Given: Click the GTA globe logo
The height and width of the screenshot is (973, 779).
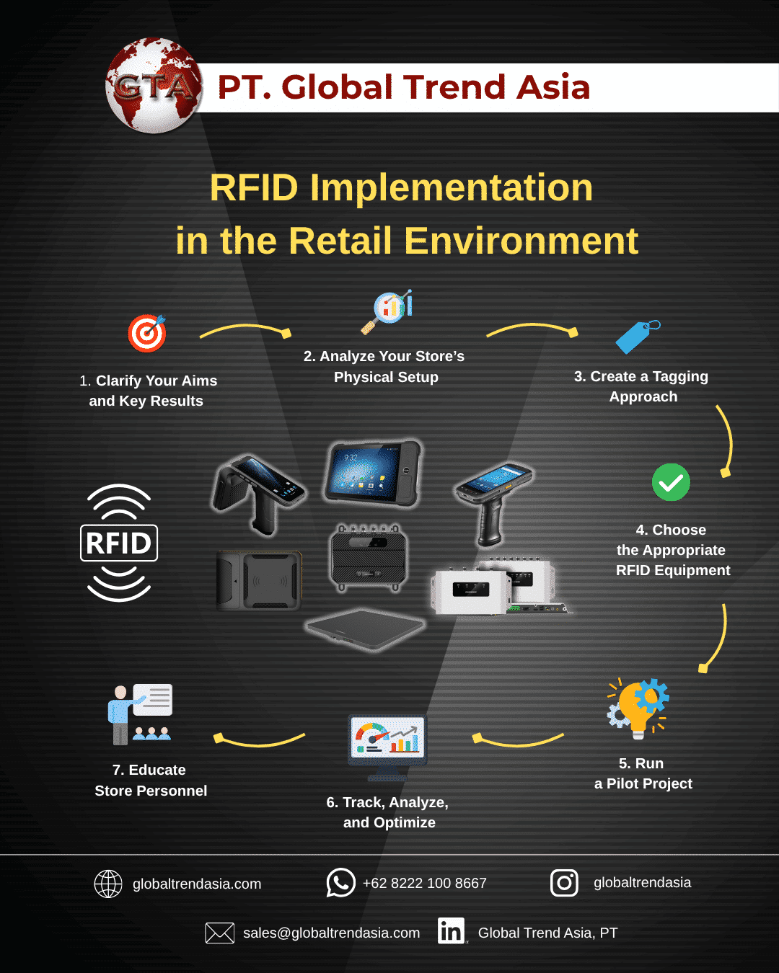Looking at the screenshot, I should tap(154, 86).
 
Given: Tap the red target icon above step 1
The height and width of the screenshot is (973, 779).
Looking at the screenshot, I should tap(147, 333).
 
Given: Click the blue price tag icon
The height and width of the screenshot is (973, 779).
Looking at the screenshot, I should tap(636, 337).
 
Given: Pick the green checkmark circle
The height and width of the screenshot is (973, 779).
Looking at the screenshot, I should tap(671, 482).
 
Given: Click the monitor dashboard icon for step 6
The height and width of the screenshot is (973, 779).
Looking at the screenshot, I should tap(387, 746).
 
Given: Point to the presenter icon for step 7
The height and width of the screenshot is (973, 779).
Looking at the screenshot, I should tap(140, 714).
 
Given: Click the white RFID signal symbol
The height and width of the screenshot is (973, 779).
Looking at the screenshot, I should tap(119, 543).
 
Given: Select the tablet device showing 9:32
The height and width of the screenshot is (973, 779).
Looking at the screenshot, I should tap(372, 473).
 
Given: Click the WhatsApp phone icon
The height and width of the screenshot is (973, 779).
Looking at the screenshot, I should tap(340, 882).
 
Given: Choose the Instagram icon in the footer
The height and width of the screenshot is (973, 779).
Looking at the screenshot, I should tap(564, 882).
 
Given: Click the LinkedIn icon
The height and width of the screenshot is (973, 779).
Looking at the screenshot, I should tap(452, 931).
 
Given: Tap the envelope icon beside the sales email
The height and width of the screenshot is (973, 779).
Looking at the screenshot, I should tap(219, 933).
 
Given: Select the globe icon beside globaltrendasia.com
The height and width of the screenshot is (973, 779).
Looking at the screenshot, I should tap(108, 884).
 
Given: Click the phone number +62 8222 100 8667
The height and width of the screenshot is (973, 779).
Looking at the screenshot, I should tap(424, 883).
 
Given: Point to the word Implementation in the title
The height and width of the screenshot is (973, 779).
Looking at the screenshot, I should tap(451, 187).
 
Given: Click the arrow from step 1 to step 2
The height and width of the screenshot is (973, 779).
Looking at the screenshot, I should tap(245, 330).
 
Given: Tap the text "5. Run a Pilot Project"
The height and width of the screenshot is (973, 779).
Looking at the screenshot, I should tap(643, 773).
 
